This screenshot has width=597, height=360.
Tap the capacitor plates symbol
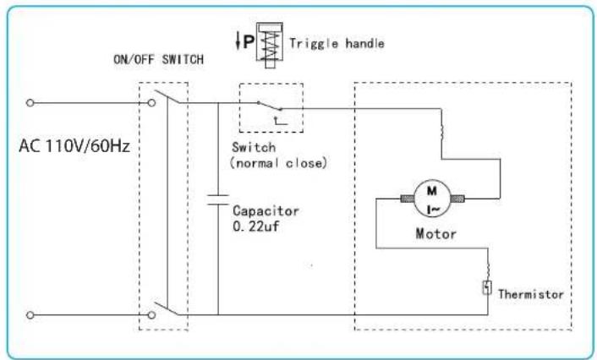(x=218, y=199)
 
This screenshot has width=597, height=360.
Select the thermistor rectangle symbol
(x=487, y=287)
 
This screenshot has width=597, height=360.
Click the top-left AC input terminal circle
(x=30, y=103)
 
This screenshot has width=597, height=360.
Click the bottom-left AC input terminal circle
(x=30, y=315)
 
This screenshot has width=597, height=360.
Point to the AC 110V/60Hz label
(x=74, y=145)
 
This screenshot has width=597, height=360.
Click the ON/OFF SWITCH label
(x=158, y=59)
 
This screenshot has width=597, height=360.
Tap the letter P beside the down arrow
(x=249, y=41)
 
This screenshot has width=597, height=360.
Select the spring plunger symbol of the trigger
(x=270, y=45)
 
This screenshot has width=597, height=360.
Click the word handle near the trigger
(x=364, y=43)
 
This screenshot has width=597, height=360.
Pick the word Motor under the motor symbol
(x=436, y=233)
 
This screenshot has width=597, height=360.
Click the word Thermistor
(x=531, y=294)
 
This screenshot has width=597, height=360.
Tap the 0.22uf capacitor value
(x=255, y=226)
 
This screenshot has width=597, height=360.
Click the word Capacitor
(x=266, y=210)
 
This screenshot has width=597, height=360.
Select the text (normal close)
(x=278, y=163)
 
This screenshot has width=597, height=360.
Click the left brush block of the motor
(x=407, y=199)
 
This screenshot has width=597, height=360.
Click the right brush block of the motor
(x=457, y=199)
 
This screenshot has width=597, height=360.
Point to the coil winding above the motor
(x=441, y=132)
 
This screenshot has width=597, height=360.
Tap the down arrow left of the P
(x=238, y=41)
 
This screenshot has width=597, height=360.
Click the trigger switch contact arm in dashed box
(x=270, y=106)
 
